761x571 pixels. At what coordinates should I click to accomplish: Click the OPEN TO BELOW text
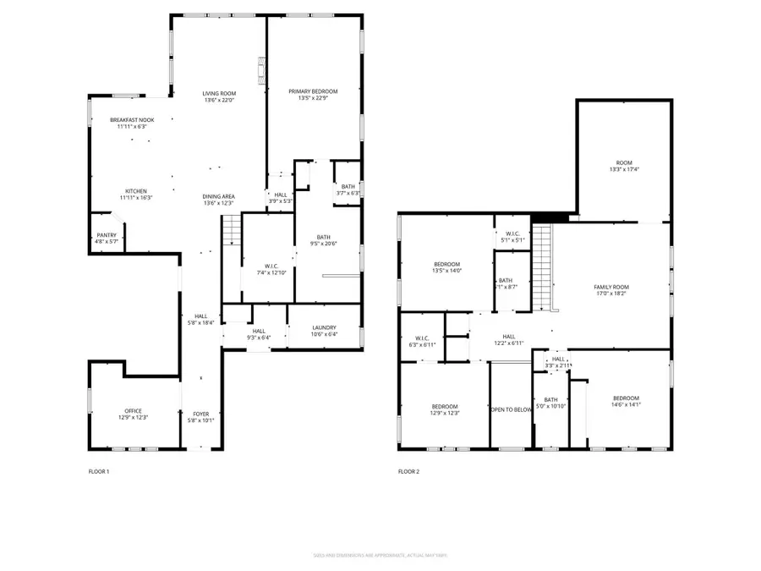[x=510, y=409]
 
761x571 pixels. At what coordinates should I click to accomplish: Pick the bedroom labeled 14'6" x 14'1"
[x=626, y=401]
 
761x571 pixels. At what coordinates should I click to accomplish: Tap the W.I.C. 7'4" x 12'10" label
[x=267, y=269]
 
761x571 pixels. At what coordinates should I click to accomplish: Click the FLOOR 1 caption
[x=99, y=471]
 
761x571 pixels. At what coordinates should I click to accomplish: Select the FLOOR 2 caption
[x=408, y=471]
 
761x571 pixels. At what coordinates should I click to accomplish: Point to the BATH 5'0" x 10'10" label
[x=550, y=403]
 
